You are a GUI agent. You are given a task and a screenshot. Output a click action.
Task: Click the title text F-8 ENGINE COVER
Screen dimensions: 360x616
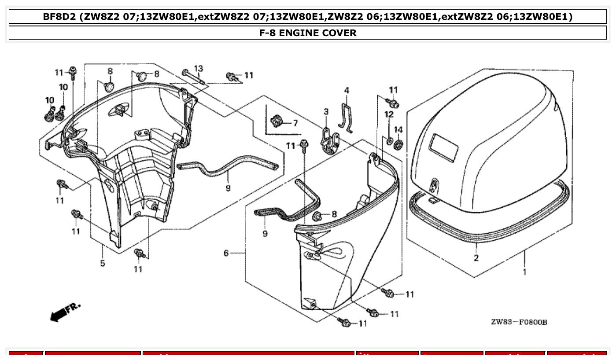click(x=308, y=33)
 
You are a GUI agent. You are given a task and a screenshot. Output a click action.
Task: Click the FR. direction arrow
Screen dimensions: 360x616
click(x=65, y=312)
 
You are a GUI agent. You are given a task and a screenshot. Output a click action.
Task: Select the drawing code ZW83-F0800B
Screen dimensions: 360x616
click(x=519, y=323)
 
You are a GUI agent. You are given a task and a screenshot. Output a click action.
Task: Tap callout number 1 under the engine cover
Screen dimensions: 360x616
click(x=524, y=272)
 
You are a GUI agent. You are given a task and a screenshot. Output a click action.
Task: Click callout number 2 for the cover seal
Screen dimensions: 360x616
click(x=476, y=258)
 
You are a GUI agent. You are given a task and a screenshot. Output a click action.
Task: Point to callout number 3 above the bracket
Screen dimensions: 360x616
click(x=326, y=112)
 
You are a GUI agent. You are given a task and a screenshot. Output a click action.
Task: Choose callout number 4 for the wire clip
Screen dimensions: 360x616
click(x=347, y=91)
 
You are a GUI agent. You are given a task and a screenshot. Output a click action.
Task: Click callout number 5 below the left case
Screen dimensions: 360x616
click(x=102, y=264)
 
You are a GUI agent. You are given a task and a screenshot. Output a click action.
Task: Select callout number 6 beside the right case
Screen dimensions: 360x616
click(x=226, y=253)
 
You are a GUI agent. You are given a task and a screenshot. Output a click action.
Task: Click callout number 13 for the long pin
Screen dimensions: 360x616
click(x=199, y=69)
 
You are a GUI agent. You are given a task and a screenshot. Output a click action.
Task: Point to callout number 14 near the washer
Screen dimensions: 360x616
click(x=398, y=129)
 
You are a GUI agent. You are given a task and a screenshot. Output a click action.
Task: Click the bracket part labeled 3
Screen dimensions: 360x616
click(x=328, y=142)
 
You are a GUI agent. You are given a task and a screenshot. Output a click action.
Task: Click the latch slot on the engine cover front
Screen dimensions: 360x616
click(x=435, y=185)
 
